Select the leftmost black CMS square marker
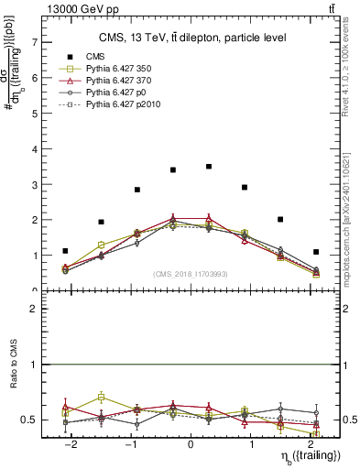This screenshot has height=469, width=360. (x=65, y=251)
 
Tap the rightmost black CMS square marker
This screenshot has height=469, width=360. (x=316, y=252)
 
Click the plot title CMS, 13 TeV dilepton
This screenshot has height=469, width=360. (x=192, y=38)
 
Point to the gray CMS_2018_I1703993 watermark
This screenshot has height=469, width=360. (x=191, y=274)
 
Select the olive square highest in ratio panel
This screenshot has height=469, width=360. (x=101, y=398)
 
